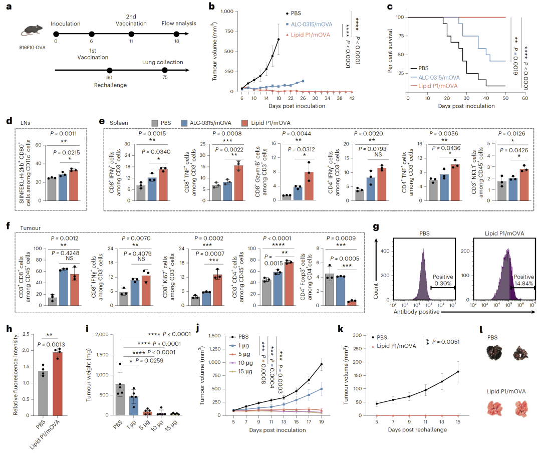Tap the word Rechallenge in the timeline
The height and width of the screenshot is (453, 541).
[110, 85]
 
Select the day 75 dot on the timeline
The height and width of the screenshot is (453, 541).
[164, 71]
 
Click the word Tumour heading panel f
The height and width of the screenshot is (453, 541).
[31, 228]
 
